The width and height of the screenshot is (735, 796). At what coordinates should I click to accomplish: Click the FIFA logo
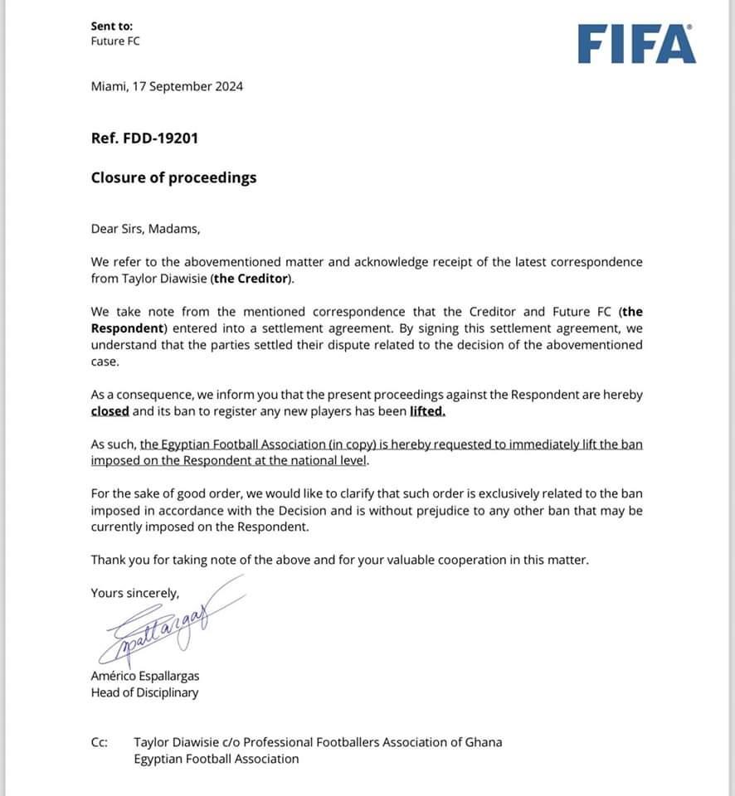pos(636,44)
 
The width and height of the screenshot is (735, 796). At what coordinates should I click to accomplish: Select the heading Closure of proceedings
pos(173,177)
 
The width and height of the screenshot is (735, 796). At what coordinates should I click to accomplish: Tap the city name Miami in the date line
pos(107,86)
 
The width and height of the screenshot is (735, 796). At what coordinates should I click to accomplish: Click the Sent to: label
pos(111,27)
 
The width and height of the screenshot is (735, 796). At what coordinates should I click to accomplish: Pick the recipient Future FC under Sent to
pos(115,41)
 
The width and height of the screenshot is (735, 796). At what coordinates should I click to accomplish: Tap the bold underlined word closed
pos(110,411)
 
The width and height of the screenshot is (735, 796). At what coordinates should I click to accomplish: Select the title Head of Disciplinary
pos(144,692)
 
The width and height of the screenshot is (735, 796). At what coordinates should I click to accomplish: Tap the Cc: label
pos(100,742)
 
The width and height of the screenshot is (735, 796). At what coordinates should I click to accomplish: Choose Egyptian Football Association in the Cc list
pos(216,759)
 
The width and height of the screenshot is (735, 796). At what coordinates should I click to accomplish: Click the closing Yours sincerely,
pos(134,592)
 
